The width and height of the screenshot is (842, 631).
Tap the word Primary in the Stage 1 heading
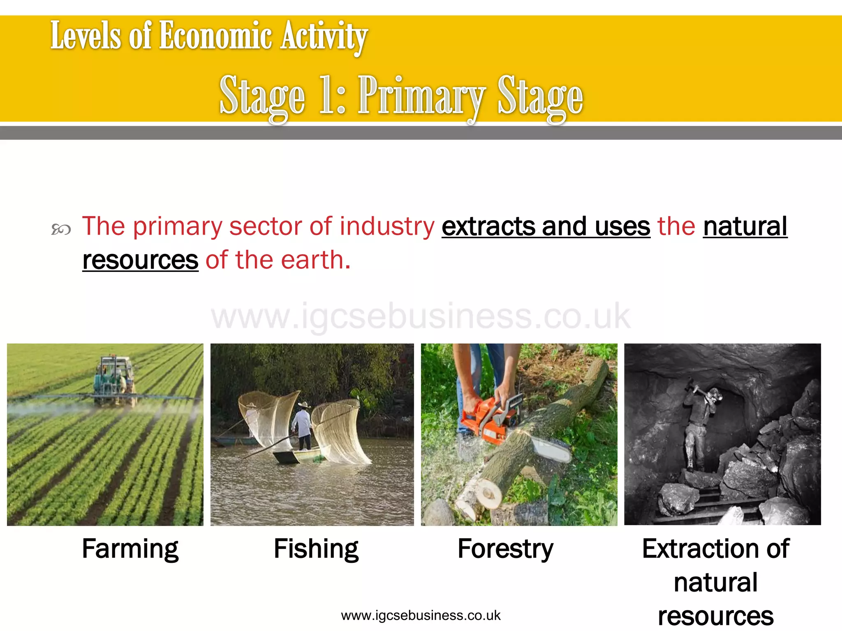(421, 97)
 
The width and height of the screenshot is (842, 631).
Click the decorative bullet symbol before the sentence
(61, 229)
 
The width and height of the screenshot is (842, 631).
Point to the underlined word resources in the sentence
(140, 260)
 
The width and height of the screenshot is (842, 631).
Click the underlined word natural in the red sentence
(745, 226)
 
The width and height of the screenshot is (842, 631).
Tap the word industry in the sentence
(386, 226)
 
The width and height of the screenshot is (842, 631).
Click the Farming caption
(130, 549)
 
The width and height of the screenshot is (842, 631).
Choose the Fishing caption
(316, 549)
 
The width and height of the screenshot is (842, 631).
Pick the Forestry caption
(505, 549)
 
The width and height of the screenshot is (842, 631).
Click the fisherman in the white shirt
(303, 425)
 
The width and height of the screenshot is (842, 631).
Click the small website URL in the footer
(421, 615)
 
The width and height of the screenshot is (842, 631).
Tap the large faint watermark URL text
(420, 316)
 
